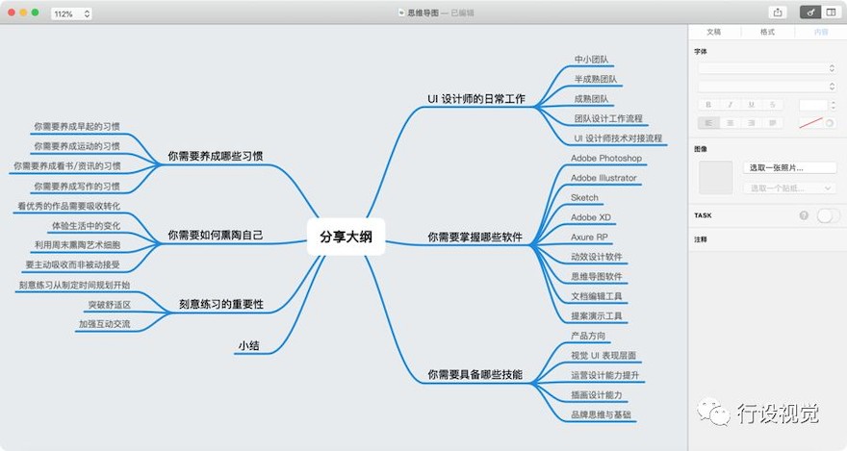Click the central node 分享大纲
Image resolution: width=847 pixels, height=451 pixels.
[346, 237]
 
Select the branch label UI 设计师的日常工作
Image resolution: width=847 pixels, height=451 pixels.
[475, 99]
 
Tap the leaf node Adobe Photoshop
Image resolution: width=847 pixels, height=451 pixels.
[606, 158]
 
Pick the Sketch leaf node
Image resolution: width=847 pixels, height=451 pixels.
[584, 197]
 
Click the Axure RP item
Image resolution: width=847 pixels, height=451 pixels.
[589, 237]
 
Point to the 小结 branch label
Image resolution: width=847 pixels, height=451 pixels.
[249, 345]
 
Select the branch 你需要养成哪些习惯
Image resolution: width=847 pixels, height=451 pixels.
[215, 156]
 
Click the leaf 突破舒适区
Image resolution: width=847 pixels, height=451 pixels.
[110, 305]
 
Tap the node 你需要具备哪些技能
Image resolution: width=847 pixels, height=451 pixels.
[475, 374]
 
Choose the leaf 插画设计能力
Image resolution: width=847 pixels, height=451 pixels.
[597, 395]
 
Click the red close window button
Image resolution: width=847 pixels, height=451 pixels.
[12, 13]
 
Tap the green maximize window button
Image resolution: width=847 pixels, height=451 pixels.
[35, 13]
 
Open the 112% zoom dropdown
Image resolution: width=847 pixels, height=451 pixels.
[71, 13]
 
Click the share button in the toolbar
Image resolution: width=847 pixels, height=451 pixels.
[778, 13]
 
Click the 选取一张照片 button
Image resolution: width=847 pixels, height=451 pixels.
[789, 167]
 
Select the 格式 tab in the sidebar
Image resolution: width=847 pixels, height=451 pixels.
[767, 32]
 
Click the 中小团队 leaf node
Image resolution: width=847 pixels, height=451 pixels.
[592, 60]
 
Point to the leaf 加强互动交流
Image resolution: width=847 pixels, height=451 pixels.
[105, 324]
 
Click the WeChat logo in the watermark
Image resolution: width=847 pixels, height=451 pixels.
[714, 413]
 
